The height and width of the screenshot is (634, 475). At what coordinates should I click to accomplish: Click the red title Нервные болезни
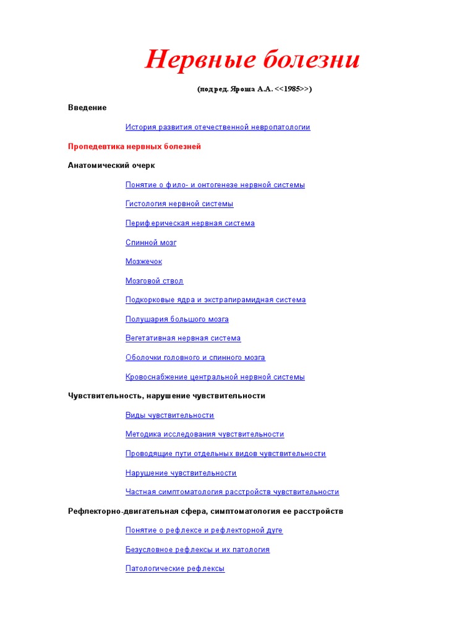pos(252,61)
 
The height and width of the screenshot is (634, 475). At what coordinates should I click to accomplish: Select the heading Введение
pos(87,108)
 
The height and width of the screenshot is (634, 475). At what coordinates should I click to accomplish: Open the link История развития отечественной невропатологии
pos(218,127)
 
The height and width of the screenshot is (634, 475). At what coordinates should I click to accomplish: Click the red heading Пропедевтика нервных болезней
pos(134,147)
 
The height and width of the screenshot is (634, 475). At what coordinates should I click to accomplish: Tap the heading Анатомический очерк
pos(111,165)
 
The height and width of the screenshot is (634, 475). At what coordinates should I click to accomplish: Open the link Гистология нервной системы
pos(179,204)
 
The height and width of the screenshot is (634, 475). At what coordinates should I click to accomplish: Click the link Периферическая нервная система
pos(190,223)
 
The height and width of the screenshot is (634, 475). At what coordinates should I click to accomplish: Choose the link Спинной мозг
pos(151,242)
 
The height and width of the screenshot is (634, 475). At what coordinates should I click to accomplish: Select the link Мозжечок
pos(143,261)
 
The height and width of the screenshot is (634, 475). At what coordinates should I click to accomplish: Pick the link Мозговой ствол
pos(154,280)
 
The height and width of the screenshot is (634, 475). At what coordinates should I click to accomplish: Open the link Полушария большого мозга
pos(177,319)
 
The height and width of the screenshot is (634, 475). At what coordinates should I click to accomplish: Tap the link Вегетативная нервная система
pos(183,338)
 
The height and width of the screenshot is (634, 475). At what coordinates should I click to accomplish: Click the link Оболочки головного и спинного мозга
pos(195,357)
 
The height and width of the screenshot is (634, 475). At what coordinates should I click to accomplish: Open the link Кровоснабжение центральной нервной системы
pos(215,376)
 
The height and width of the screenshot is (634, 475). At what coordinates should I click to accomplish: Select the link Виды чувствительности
pos(169,415)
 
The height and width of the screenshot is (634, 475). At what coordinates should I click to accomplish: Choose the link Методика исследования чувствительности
pos(205,434)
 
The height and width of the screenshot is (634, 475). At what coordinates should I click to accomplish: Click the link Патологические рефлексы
pos(175,568)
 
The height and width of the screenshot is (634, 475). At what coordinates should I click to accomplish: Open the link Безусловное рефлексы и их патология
pos(197,549)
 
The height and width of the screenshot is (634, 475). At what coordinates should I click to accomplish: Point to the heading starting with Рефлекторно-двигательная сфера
pos(205,511)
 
